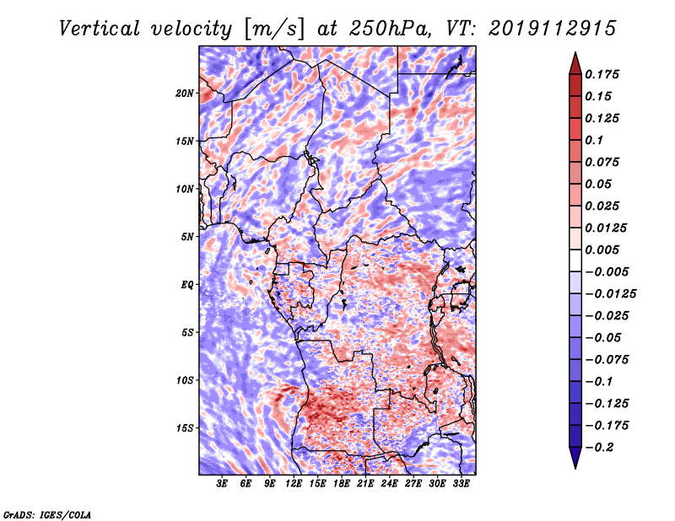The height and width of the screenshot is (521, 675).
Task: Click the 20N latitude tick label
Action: coord(185,93)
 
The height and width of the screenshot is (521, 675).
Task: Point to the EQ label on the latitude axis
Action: coord(186,284)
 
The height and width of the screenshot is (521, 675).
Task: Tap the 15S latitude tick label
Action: coord(185,427)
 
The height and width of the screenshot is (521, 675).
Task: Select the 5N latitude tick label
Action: coord(186,236)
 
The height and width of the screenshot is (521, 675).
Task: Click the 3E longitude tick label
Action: coord(222,485)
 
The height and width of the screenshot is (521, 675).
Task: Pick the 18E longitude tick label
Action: coord(342,485)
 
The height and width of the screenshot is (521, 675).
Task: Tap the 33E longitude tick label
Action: coord(461,485)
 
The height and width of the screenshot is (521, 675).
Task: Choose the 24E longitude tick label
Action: coord(389,485)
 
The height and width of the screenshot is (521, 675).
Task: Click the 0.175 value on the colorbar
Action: coord(604,74)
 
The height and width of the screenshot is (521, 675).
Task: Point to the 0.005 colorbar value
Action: coord(604,250)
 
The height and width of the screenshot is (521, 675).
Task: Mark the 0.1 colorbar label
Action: coord(597,140)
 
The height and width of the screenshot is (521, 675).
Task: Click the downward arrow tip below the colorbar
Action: coord(575,465)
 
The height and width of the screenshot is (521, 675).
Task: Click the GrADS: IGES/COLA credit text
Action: coord(46,513)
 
